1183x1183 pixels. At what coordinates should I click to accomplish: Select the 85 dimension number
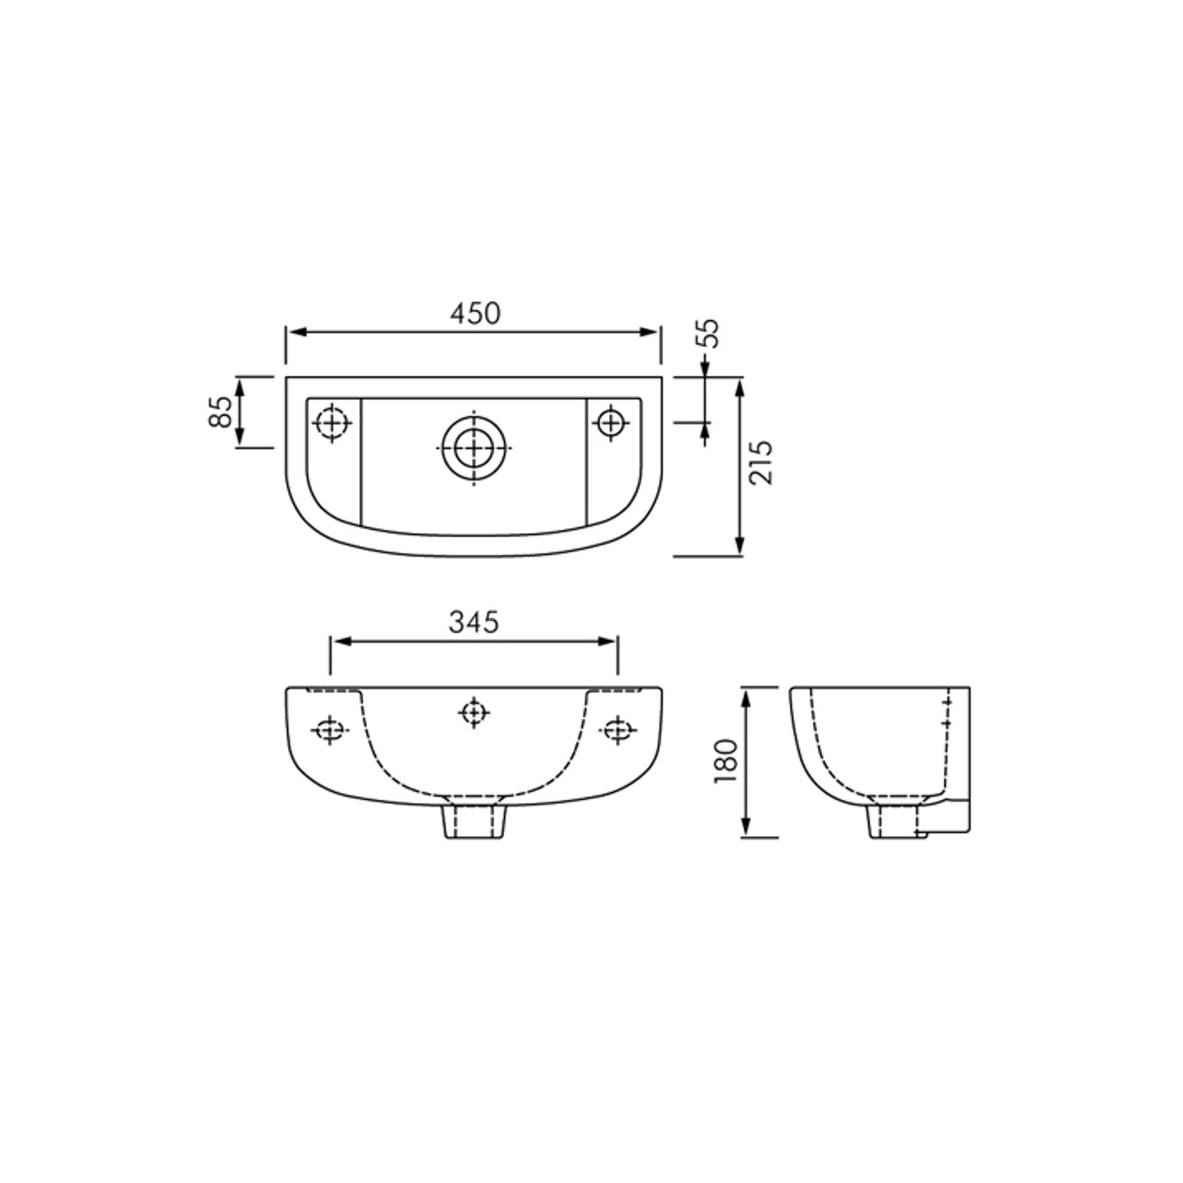221,412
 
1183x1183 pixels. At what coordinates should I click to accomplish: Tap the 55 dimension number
709,333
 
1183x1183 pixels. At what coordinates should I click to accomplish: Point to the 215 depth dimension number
761,462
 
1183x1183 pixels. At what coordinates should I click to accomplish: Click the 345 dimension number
474,622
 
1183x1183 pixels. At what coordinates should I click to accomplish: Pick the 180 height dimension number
726,760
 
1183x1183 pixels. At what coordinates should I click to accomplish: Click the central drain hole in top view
473,448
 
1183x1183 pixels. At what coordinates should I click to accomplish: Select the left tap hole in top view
332,424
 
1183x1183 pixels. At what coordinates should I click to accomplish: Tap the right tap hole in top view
611,424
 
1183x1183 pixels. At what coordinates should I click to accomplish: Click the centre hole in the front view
474,713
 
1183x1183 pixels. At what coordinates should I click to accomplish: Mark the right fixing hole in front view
617,730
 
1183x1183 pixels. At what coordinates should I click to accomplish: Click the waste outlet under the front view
474,822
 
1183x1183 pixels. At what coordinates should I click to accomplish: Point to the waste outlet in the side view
895,822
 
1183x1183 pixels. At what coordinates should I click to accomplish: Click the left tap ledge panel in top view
334,459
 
